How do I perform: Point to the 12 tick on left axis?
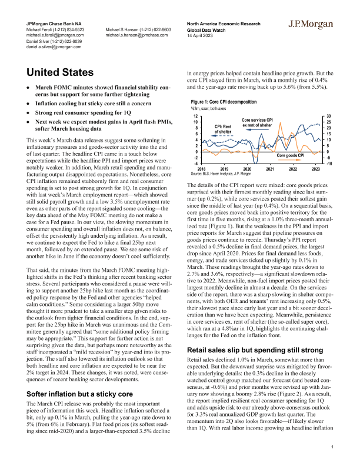[x=195, y=116]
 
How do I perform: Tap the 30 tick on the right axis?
[x=329, y=116]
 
